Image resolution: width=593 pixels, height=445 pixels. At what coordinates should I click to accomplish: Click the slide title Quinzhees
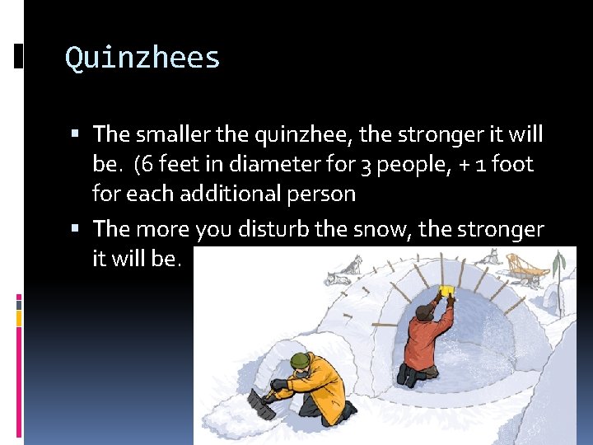click(142, 59)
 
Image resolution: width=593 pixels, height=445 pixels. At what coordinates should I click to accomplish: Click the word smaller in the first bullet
click(172, 133)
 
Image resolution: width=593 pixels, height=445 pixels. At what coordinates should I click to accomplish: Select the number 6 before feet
click(147, 164)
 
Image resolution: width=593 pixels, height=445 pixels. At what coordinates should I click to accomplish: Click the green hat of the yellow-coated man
click(301, 360)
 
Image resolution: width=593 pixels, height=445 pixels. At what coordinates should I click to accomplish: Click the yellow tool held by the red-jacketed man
click(447, 290)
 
